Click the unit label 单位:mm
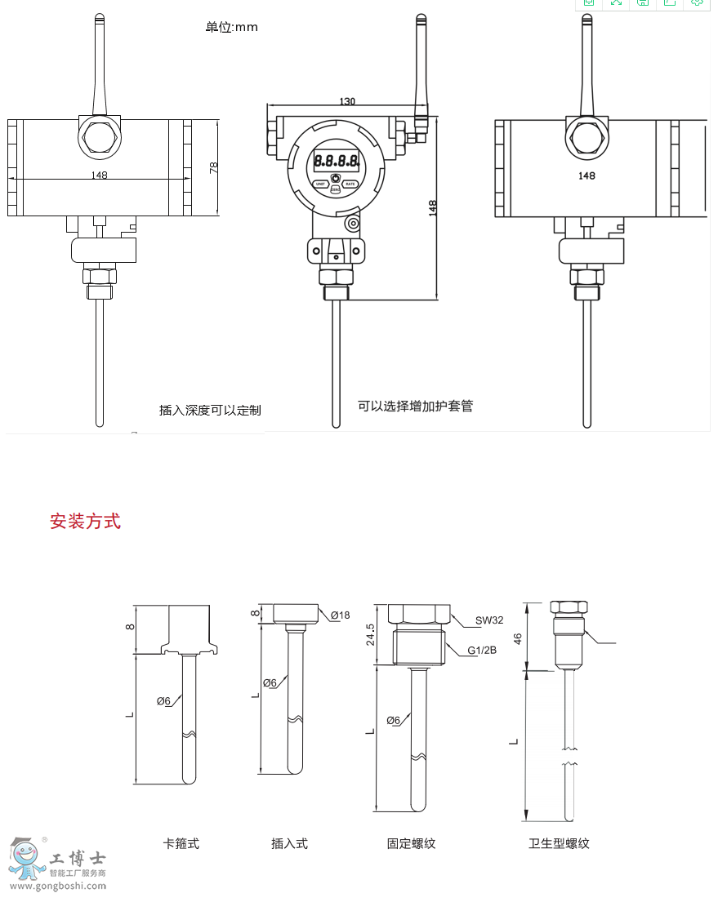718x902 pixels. (x=231, y=27)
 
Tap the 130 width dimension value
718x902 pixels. (x=347, y=101)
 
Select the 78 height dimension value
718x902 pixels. (x=214, y=167)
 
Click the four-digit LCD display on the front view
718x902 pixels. (x=336, y=161)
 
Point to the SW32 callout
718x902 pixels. (x=489, y=620)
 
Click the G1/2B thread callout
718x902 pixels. (x=482, y=651)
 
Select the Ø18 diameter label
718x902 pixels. (x=341, y=615)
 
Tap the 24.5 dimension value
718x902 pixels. (x=370, y=635)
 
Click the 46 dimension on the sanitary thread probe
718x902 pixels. (x=517, y=638)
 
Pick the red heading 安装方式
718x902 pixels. (x=85, y=521)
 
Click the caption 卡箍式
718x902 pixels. (x=181, y=843)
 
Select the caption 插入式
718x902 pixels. (x=289, y=843)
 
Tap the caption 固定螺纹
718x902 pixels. (x=411, y=843)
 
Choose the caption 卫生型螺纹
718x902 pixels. (x=559, y=843)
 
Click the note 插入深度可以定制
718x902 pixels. (x=210, y=410)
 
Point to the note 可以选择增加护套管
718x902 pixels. (x=415, y=406)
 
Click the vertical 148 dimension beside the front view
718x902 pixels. (x=433, y=208)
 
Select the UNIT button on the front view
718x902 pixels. (x=320, y=184)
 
